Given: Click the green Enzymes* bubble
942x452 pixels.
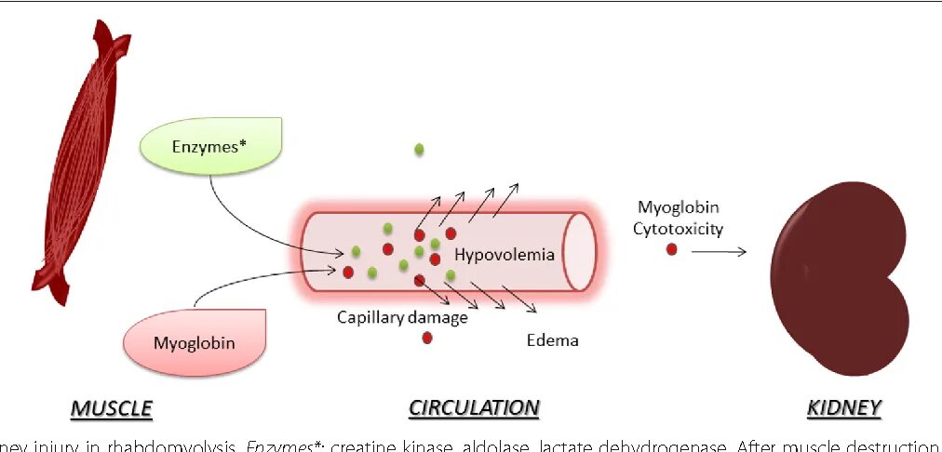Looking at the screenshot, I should click(x=209, y=147).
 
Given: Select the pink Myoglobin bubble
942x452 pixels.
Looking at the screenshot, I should click(x=194, y=342).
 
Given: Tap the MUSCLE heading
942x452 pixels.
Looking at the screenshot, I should click(x=112, y=407).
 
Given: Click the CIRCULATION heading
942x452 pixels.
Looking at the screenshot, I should click(x=474, y=407).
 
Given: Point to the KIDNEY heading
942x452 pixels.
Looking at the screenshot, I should click(x=844, y=407).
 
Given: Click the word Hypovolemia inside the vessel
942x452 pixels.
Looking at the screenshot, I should click(x=505, y=254).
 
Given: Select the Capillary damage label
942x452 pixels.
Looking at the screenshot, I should click(x=402, y=317).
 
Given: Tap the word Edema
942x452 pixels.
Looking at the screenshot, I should click(x=552, y=340).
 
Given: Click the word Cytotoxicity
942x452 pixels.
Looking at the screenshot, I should click(x=678, y=229).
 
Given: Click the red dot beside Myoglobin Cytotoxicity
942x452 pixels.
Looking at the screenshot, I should click(x=671, y=249).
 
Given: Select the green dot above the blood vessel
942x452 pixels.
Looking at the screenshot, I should click(x=420, y=149).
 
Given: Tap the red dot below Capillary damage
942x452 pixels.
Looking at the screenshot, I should click(x=427, y=338).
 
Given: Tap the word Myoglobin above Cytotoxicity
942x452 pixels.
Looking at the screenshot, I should click(x=678, y=207).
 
